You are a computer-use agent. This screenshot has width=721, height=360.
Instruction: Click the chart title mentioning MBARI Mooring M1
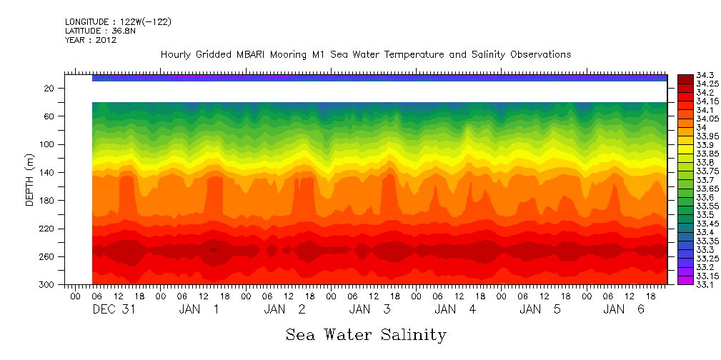365,55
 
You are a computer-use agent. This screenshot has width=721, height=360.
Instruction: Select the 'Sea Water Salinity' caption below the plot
366,334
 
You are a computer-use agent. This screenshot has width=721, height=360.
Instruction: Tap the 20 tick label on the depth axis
50,88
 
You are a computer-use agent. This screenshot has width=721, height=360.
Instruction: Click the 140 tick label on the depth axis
48,172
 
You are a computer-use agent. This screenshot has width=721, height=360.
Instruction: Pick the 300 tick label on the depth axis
48,284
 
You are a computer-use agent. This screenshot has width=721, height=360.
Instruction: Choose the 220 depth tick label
48,229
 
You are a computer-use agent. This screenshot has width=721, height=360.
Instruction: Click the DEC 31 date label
114,309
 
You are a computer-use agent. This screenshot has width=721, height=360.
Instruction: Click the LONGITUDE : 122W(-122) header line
118,22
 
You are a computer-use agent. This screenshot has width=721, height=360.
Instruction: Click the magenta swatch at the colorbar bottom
685,280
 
